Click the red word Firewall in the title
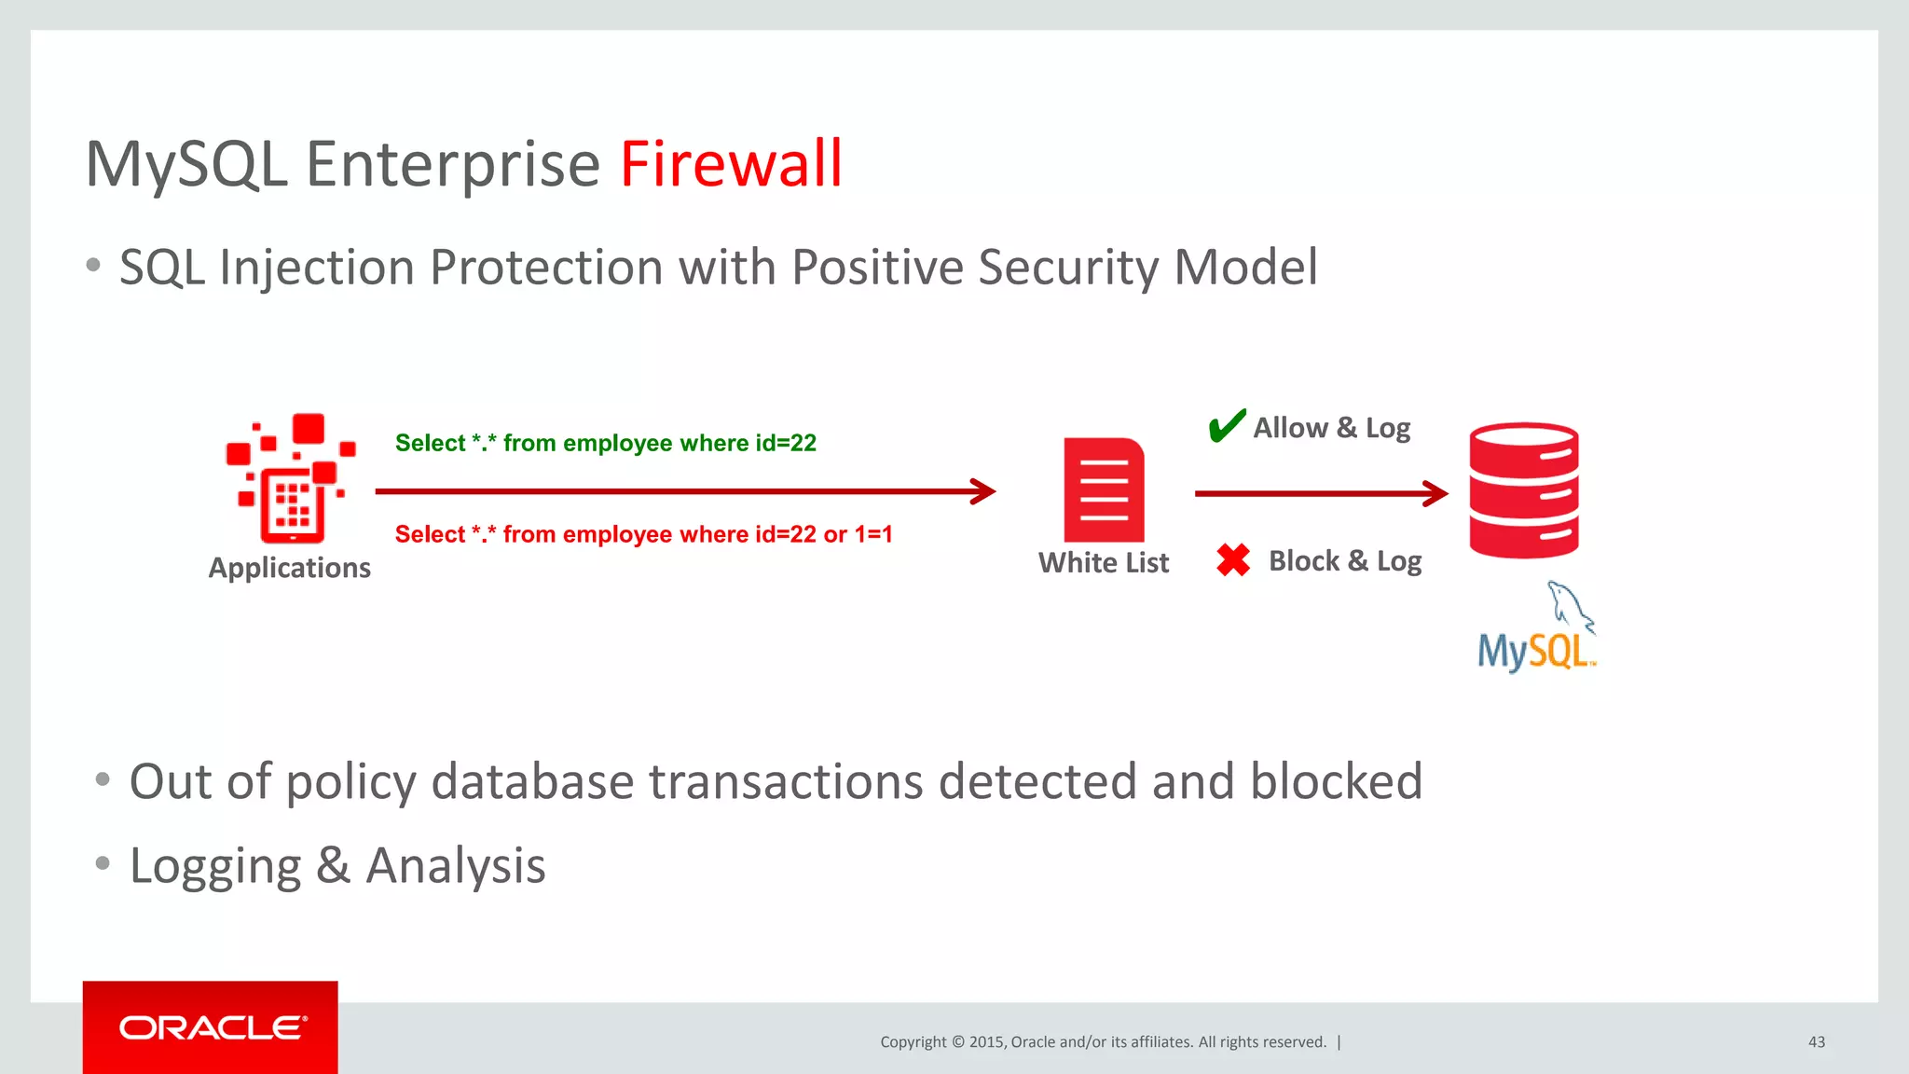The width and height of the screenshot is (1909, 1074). [731, 164]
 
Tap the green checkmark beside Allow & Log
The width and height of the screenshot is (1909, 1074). [1226, 426]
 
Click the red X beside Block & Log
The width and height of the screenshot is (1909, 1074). [1233, 560]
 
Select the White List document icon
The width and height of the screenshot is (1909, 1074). [1104, 489]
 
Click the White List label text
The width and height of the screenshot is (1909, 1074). [1104, 563]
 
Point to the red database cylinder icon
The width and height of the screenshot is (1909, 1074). [1523, 490]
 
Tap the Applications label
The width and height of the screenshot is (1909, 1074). [289, 568]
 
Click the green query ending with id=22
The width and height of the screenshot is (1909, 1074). [605, 443]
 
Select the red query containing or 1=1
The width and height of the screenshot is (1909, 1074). [643, 534]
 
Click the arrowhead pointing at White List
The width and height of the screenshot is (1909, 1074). [984, 491]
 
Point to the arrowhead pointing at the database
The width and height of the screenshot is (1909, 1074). [1436, 493]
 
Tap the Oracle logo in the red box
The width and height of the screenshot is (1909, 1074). [212, 1027]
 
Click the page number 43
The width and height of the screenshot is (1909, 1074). [1816, 1041]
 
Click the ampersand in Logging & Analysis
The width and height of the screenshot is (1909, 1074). [333, 866]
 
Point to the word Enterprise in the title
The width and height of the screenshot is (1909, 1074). [453, 164]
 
